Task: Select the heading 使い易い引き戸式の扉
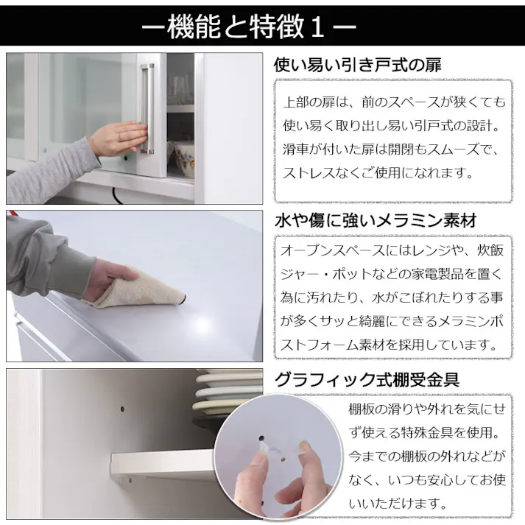pos(357,66)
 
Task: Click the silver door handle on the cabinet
pos(147,109)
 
